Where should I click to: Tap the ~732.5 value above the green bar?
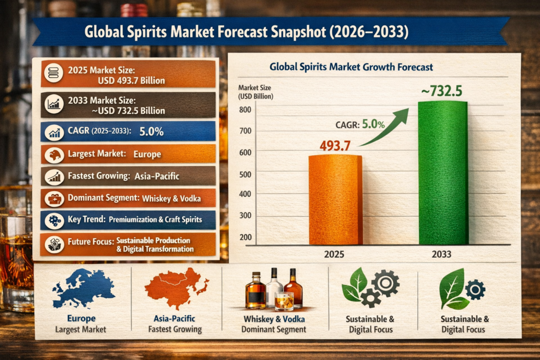point(441,91)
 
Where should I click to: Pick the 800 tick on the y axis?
point(244,110)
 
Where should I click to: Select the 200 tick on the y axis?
point(244,237)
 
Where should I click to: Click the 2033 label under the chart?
point(441,254)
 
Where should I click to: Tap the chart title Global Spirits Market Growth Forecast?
point(351,67)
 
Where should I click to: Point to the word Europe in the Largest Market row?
point(147,154)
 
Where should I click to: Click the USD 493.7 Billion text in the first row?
point(131,81)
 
